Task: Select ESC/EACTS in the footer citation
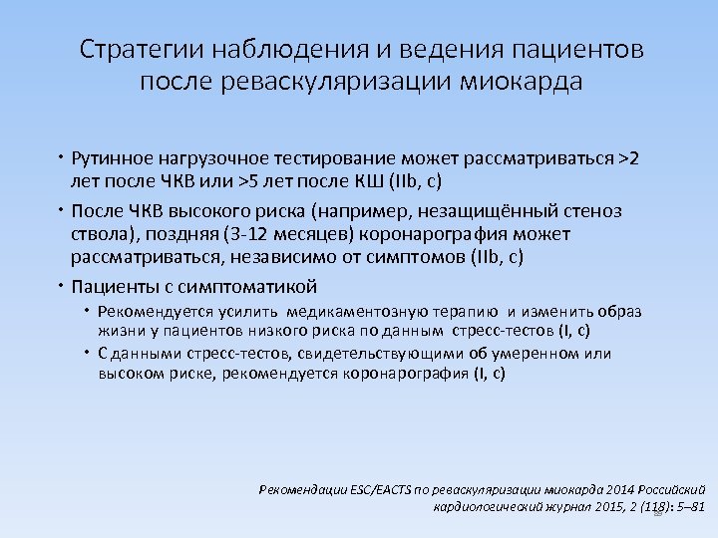pos(376,490)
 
